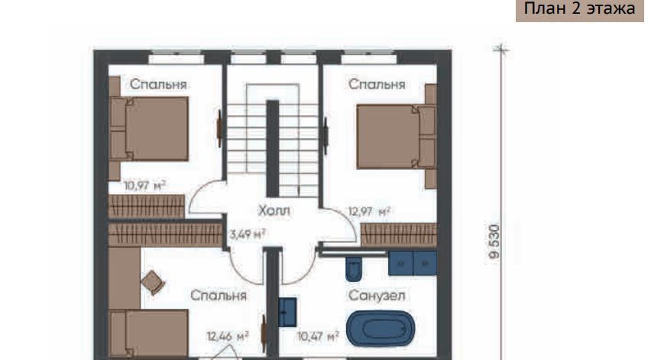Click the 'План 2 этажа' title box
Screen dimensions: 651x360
pos(580,9)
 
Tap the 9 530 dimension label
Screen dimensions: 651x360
pos(494,242)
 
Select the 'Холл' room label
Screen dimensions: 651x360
pos(274,210)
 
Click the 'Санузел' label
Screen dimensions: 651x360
pos(377,295)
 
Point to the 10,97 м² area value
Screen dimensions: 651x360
pos(145,185)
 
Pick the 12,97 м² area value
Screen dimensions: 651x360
pos(369,212)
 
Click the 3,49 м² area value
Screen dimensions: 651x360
pos(248,234)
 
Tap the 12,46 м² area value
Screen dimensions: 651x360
pos(228,336)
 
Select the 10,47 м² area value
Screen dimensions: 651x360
pos(318,336)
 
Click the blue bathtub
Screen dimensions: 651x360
pos(381,329)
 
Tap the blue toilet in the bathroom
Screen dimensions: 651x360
pos(354,268)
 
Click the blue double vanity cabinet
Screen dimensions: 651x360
pos(413,263)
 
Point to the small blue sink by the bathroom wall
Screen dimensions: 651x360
pos(287,312)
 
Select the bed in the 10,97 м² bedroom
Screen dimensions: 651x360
pos(149,128)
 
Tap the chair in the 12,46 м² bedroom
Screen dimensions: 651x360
pos(153,282)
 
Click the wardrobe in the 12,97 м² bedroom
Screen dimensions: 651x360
pos(399,235)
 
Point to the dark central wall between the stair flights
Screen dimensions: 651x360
pos(272,148)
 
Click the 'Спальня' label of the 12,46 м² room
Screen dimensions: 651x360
pos(219,295)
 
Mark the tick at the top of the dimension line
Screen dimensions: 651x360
pos(501,50)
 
